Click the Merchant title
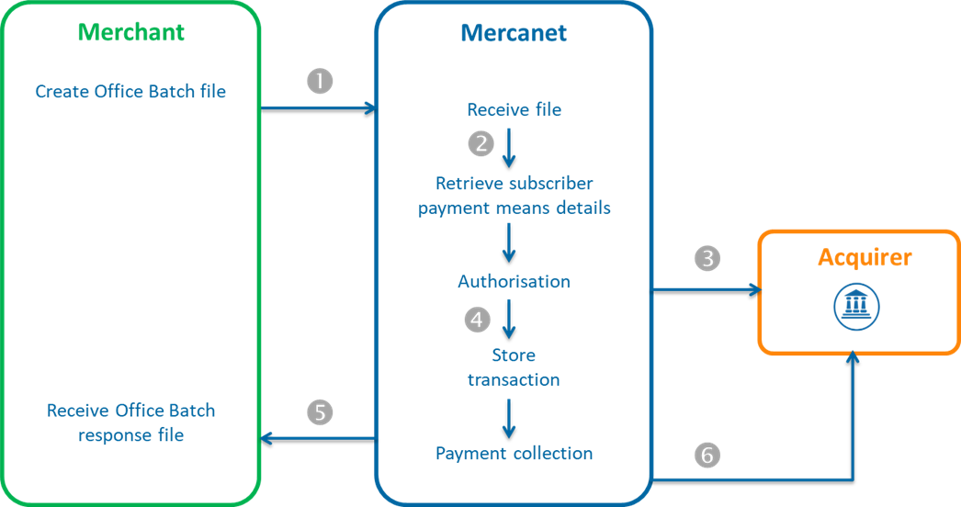tap(130, 32)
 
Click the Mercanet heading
tap(513, 34)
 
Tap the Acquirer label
tap(865, 257)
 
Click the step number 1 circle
tap(319, 81)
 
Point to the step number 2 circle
tap(480, 143)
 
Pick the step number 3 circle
tap(707, 259)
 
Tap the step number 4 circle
tap(477, 319)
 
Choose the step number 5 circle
tap(319, 412)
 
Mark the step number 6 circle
tap(707, 454)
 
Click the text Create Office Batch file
tap(130, 92)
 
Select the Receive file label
tap(514, 110)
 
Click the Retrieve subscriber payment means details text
tap(514, 196)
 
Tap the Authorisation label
tap(514, 282)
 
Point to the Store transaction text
tap(514, 367)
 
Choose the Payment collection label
tap(514, 454)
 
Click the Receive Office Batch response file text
tap(130, 422)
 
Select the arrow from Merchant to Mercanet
tap(318, 108)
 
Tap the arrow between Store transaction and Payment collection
tap(508, 418)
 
